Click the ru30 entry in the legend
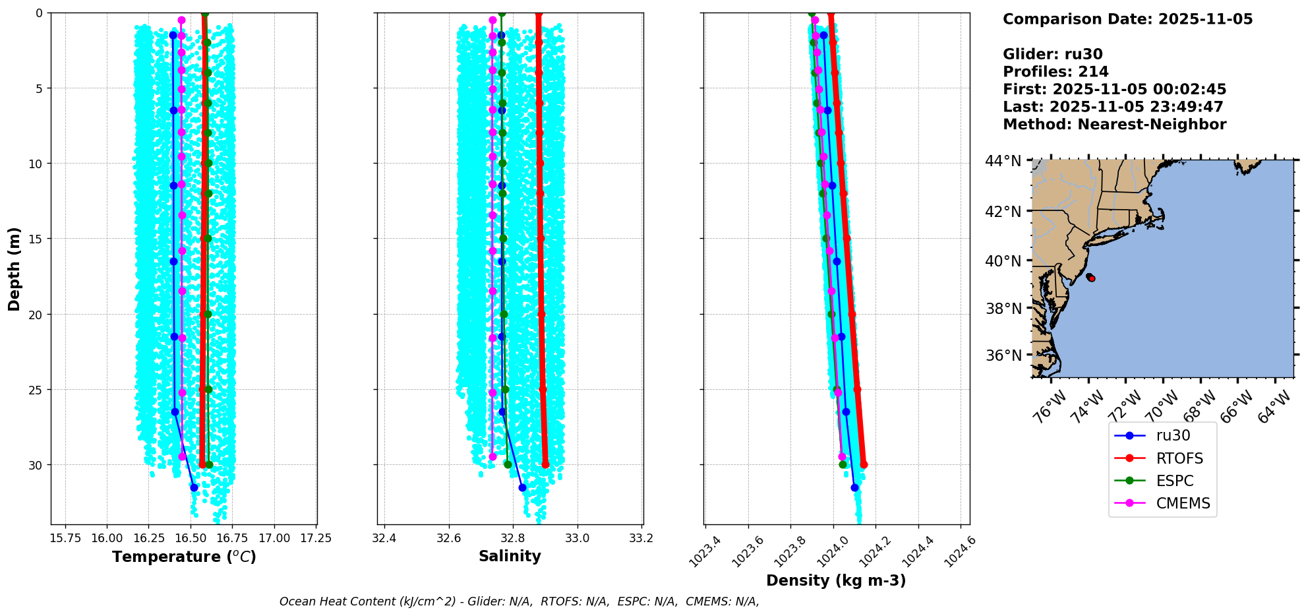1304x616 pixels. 1172,436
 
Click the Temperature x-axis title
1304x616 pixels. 184,557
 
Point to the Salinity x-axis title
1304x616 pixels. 510,556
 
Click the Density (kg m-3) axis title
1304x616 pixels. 836,580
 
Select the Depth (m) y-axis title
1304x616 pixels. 15,269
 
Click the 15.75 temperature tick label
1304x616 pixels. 65,538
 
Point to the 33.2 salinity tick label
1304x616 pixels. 641,538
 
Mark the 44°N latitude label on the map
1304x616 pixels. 1003,161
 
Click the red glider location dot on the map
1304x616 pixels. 1092,278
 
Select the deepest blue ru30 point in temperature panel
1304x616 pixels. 194,487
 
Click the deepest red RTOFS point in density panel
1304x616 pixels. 864,465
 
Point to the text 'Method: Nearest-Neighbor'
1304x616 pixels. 1114,125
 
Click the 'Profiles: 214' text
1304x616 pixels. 1055,72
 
